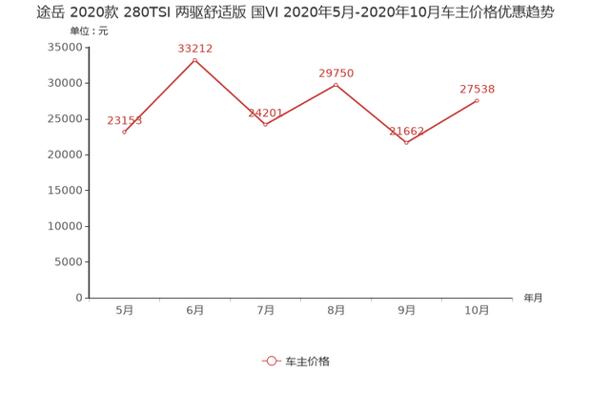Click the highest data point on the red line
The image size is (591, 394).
(x=195, y=60)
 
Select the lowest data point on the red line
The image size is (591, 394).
(x=406, y=143)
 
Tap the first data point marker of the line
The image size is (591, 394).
(x=125, y=133)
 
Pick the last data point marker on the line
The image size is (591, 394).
(x=477, y=100)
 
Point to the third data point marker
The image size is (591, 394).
(x=266, y=125)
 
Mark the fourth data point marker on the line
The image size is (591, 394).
(x=336, y=85)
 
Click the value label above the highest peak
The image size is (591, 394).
(x=194, y=48)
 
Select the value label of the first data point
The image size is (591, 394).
(x=124, y=120)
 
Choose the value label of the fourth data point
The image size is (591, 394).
(x=336, y=73)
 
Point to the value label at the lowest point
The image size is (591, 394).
(x=406, y=131)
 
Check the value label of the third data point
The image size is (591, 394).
(x=265, y=113)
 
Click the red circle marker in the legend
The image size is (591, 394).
(x=272, y=361)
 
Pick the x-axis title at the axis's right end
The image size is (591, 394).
(x=532, y=298)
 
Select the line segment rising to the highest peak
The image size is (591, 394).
(x=160, y=96)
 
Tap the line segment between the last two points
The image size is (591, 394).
(x=441, y=122)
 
